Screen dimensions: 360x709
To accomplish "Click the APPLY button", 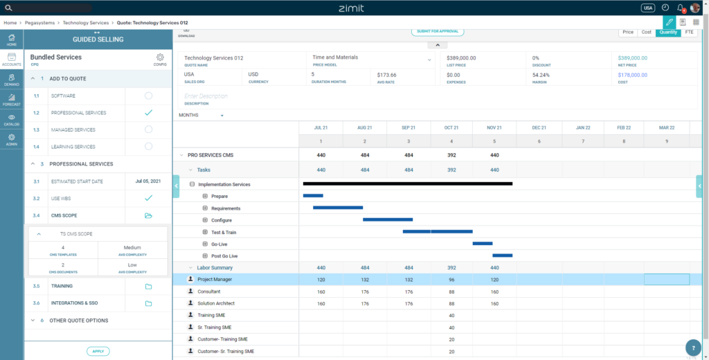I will [98, 352].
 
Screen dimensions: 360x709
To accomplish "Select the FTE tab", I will [689, 32].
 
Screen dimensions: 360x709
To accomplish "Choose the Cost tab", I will [646, 32].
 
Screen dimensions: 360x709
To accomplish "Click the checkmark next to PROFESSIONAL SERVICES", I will [148, 112].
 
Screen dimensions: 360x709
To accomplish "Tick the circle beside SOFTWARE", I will [148, 96].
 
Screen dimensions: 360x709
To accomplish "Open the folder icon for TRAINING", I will [148, 286].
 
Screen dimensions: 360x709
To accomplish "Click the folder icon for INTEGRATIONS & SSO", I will [148, 303].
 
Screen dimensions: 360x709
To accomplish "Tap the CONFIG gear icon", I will [160, 58].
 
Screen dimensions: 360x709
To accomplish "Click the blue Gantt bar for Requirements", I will [338, 208].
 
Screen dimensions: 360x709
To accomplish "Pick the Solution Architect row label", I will [216, 303].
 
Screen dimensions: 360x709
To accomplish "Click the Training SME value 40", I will [451, 315].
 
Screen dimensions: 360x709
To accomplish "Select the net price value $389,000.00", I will [633, 58].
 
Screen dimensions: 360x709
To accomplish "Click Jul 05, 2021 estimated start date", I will [148, 181].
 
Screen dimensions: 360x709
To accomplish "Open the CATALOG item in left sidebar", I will [12, 120].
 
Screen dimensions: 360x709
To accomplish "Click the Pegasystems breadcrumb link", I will [39, 23].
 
